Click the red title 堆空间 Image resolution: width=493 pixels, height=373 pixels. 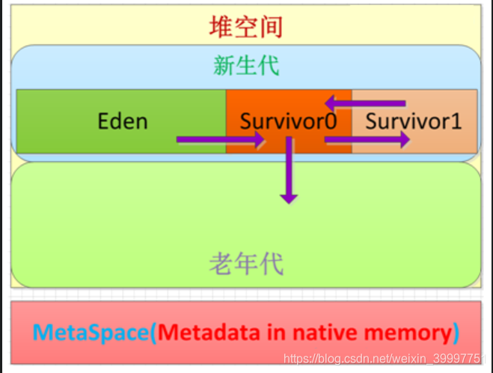click(x=246, y=28)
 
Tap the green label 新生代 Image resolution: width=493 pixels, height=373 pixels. click(x=246, y=66)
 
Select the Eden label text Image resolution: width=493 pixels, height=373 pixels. click(x=123, y=121)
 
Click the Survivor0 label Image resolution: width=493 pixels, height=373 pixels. click(x=288, y=121)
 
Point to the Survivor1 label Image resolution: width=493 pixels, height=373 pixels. click(x=413, y=121)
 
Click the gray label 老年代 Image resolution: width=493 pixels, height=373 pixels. click(x=246, y=263)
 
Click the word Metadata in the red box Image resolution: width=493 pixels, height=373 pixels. click(x=208, y=332)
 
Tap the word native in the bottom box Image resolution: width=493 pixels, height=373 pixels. click(x=322, y=332)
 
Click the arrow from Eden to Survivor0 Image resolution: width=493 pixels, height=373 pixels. click(x=221, y=139)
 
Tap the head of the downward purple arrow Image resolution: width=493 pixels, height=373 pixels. click(x=288, y=198)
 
